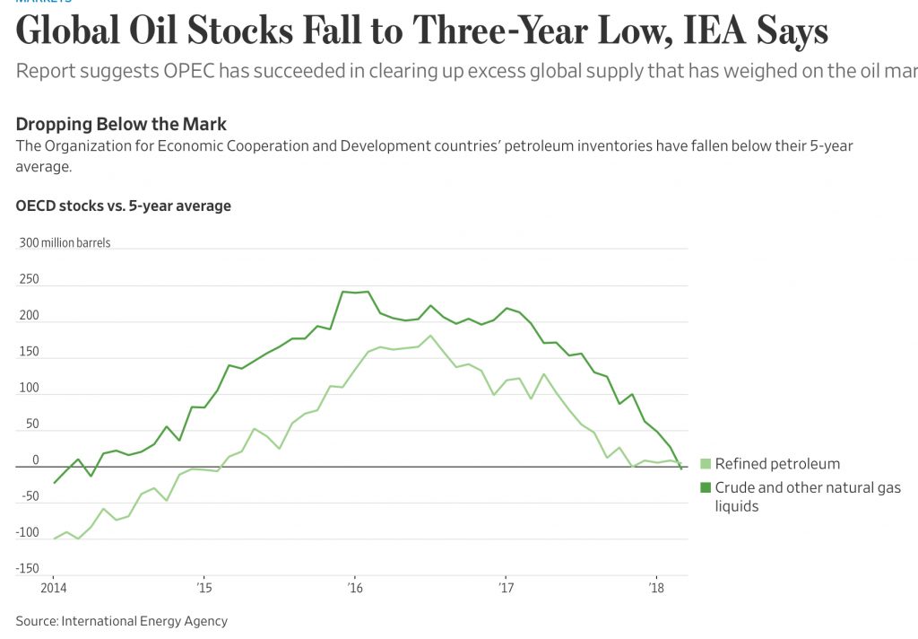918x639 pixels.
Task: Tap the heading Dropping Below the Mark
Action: pos(122,125)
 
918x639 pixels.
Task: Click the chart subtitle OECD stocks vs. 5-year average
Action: pos(124,206)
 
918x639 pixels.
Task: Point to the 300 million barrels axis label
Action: pos(64,243)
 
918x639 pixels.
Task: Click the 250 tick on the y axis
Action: pos(30,279)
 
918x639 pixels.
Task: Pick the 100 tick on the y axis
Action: pos(30,388)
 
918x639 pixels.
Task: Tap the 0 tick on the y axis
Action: pos(36,460)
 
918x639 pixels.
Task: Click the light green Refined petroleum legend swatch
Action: pos(705,464)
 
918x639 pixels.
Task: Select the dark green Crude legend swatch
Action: pos(705,488)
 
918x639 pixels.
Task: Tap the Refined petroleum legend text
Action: pos(777,464)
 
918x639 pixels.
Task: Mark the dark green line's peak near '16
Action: pos(343,291)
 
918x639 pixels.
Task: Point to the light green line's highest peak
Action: pos(431,336)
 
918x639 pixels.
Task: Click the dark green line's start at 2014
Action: pos(54,483)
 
